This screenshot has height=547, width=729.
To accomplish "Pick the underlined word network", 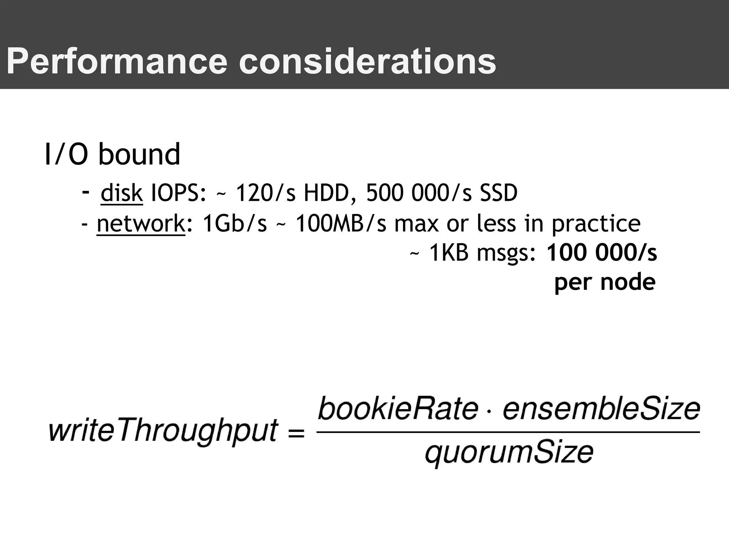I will (x=141, y=224).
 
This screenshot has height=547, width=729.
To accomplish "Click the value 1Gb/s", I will (x=235, y=224).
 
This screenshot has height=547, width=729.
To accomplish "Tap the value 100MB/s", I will (x=341, y=224).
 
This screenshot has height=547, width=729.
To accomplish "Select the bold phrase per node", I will (x=605, y=282).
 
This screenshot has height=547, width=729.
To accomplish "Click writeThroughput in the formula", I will (x=163, y=431).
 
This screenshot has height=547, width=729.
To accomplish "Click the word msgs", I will (x=506, y=253).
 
